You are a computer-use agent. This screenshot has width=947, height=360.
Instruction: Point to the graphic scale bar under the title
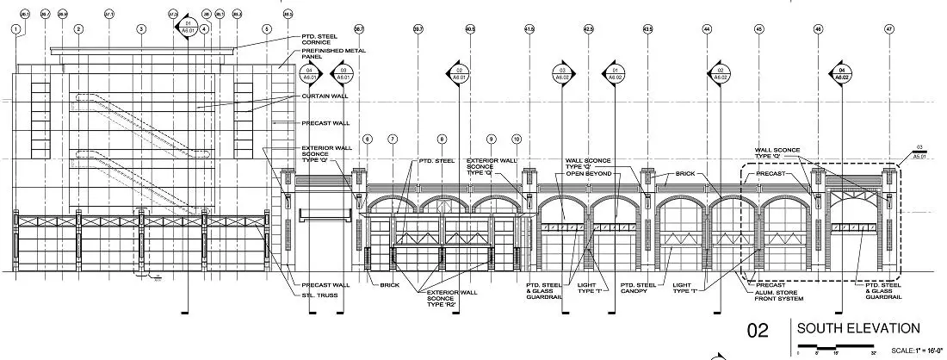(835, 347)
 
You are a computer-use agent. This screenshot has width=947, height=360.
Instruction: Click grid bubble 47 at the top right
(888, 28)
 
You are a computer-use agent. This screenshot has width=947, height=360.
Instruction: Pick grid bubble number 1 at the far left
(15, 28)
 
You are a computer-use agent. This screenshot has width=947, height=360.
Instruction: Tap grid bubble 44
(707, 28)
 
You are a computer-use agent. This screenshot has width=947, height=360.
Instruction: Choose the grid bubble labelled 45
(759, 28)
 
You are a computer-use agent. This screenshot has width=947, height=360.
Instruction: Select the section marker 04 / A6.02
(841, 72)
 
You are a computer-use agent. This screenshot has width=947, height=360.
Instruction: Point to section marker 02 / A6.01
(460, 72)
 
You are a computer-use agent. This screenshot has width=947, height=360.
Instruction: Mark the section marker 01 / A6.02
(615, 72)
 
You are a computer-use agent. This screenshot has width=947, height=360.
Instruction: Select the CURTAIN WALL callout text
(323, 96)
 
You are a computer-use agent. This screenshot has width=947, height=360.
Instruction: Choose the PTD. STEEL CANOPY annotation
(639, 289)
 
